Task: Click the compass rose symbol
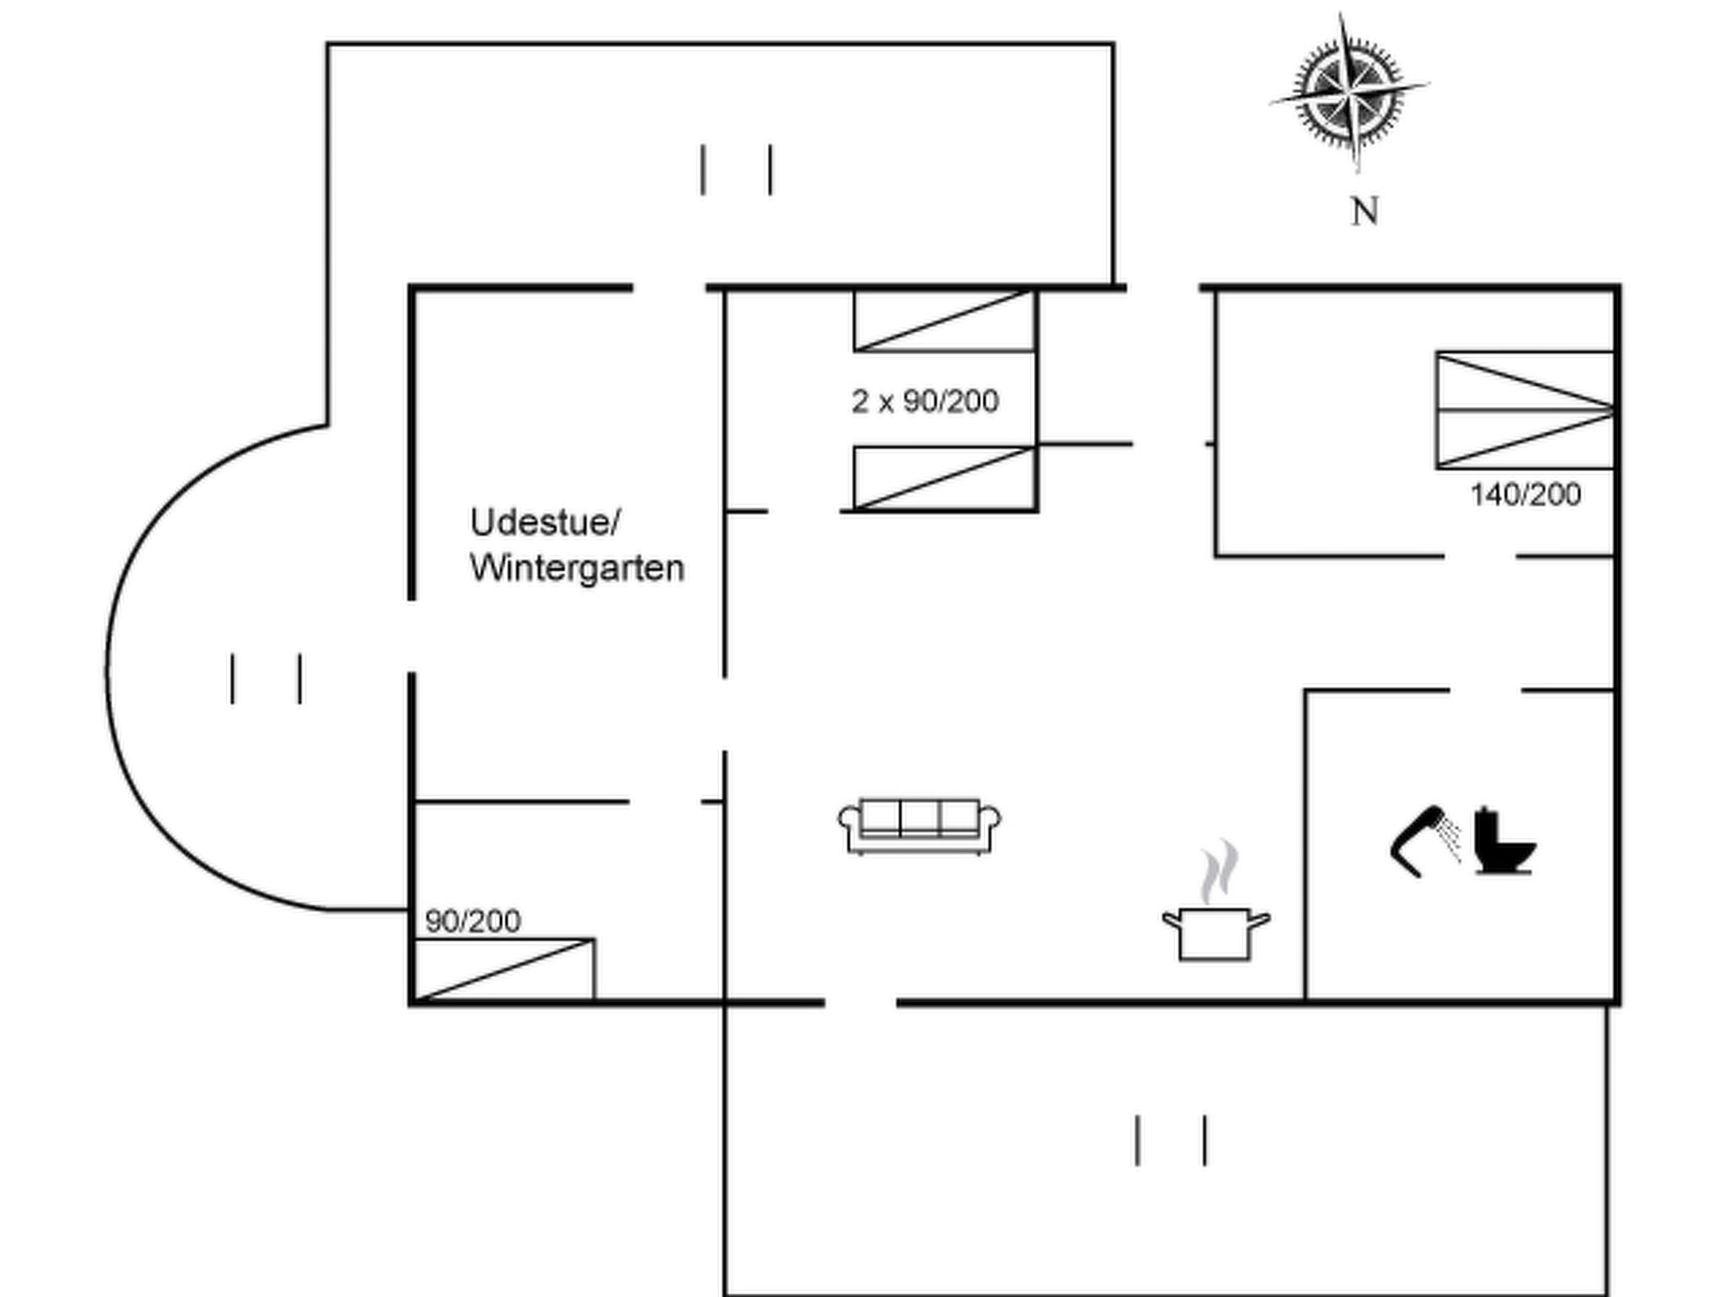(1349, 91)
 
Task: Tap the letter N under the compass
(1364, 211)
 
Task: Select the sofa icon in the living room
(920, 826)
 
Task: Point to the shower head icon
(1425, 839)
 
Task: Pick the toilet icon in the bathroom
(1504, 842)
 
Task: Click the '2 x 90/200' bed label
(925, 401)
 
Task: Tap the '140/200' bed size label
(1526, 495)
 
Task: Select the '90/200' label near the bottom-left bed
(473, 921)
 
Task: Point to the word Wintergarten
(577, 568)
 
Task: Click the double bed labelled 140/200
(1525, 410)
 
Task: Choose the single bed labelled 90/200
(505, 969)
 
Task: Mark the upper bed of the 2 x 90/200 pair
(944, 321)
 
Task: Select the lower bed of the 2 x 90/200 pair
(944, 479)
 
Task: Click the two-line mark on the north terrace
(737, 170)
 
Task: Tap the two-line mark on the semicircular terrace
(266, 678)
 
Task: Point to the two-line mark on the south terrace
(1171, 1141)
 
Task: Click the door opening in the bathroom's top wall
(1486, 691)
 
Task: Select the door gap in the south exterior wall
(861, 1003)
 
